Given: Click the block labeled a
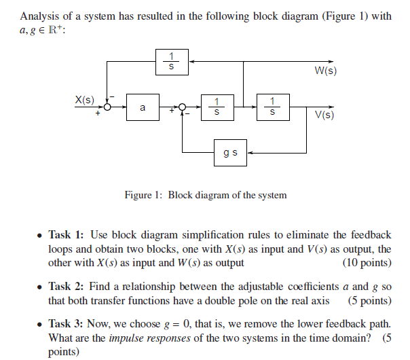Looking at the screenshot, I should [x=142, y=107].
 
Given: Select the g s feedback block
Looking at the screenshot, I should [x=229, y=153].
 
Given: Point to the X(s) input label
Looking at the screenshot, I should [x=85, y=100].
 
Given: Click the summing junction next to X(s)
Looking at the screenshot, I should [x=107, y=107].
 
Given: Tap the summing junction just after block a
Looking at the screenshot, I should [x=181, y=107].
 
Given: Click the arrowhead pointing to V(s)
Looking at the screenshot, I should [x=331, y=107].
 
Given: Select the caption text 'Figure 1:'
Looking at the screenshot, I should [x=143, y=195].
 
